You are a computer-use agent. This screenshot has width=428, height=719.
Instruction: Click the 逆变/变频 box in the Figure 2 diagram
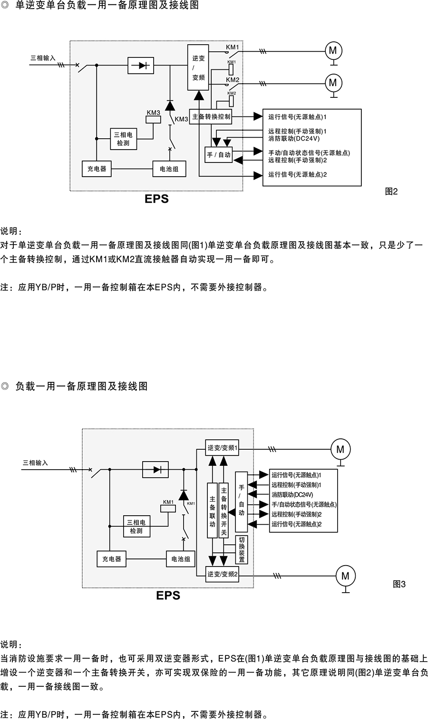pyautogui.click(x=198, y=67)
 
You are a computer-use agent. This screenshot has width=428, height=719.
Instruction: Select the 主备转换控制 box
pyautogui.click(x=211, y=117)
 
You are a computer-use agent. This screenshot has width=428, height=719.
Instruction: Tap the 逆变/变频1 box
pyautogui.click(x=222, y=447)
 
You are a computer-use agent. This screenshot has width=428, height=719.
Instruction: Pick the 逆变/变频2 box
pyautogui.click(x=222, y=574)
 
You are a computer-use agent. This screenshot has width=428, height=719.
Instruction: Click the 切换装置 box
pyautogui.click(x=242, y=549)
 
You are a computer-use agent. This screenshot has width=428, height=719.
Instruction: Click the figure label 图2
pyautogui.click(x=391, y=191)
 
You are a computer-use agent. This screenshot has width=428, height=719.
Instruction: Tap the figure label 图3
pyautogui.click(x=399, y=584)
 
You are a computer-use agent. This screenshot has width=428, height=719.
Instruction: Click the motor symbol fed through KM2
pyautogui.click(x=333, y=83)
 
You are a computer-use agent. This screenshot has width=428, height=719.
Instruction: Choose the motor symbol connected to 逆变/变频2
pyautogui.click(x=345, y=576)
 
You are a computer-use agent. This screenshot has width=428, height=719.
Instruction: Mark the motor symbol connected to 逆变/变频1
pyautogui.click(x=340, y=449)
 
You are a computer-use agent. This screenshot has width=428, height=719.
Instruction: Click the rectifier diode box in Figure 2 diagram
pyautogui.click(x=141, y=66)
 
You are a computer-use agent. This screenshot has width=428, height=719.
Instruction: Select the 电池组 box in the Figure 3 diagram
pyautogui.click(x=181, y=559)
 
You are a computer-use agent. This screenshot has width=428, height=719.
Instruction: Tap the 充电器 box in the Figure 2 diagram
pyautogui.click(x=97, y=169)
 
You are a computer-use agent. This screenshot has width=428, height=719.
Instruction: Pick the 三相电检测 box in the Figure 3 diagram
pyautogui.click(x=136, y=526)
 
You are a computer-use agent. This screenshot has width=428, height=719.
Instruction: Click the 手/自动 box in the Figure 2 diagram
pyautogui.click(x=219, y=155)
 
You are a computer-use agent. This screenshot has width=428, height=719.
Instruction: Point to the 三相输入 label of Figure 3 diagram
pyautogui.click(x=35, y=463)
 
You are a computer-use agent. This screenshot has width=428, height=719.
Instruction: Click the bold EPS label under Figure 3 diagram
pyautogui.click(x=168, y=595)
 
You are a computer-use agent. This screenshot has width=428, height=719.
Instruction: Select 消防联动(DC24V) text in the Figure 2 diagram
pyautogui.click(x=294, y=139)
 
